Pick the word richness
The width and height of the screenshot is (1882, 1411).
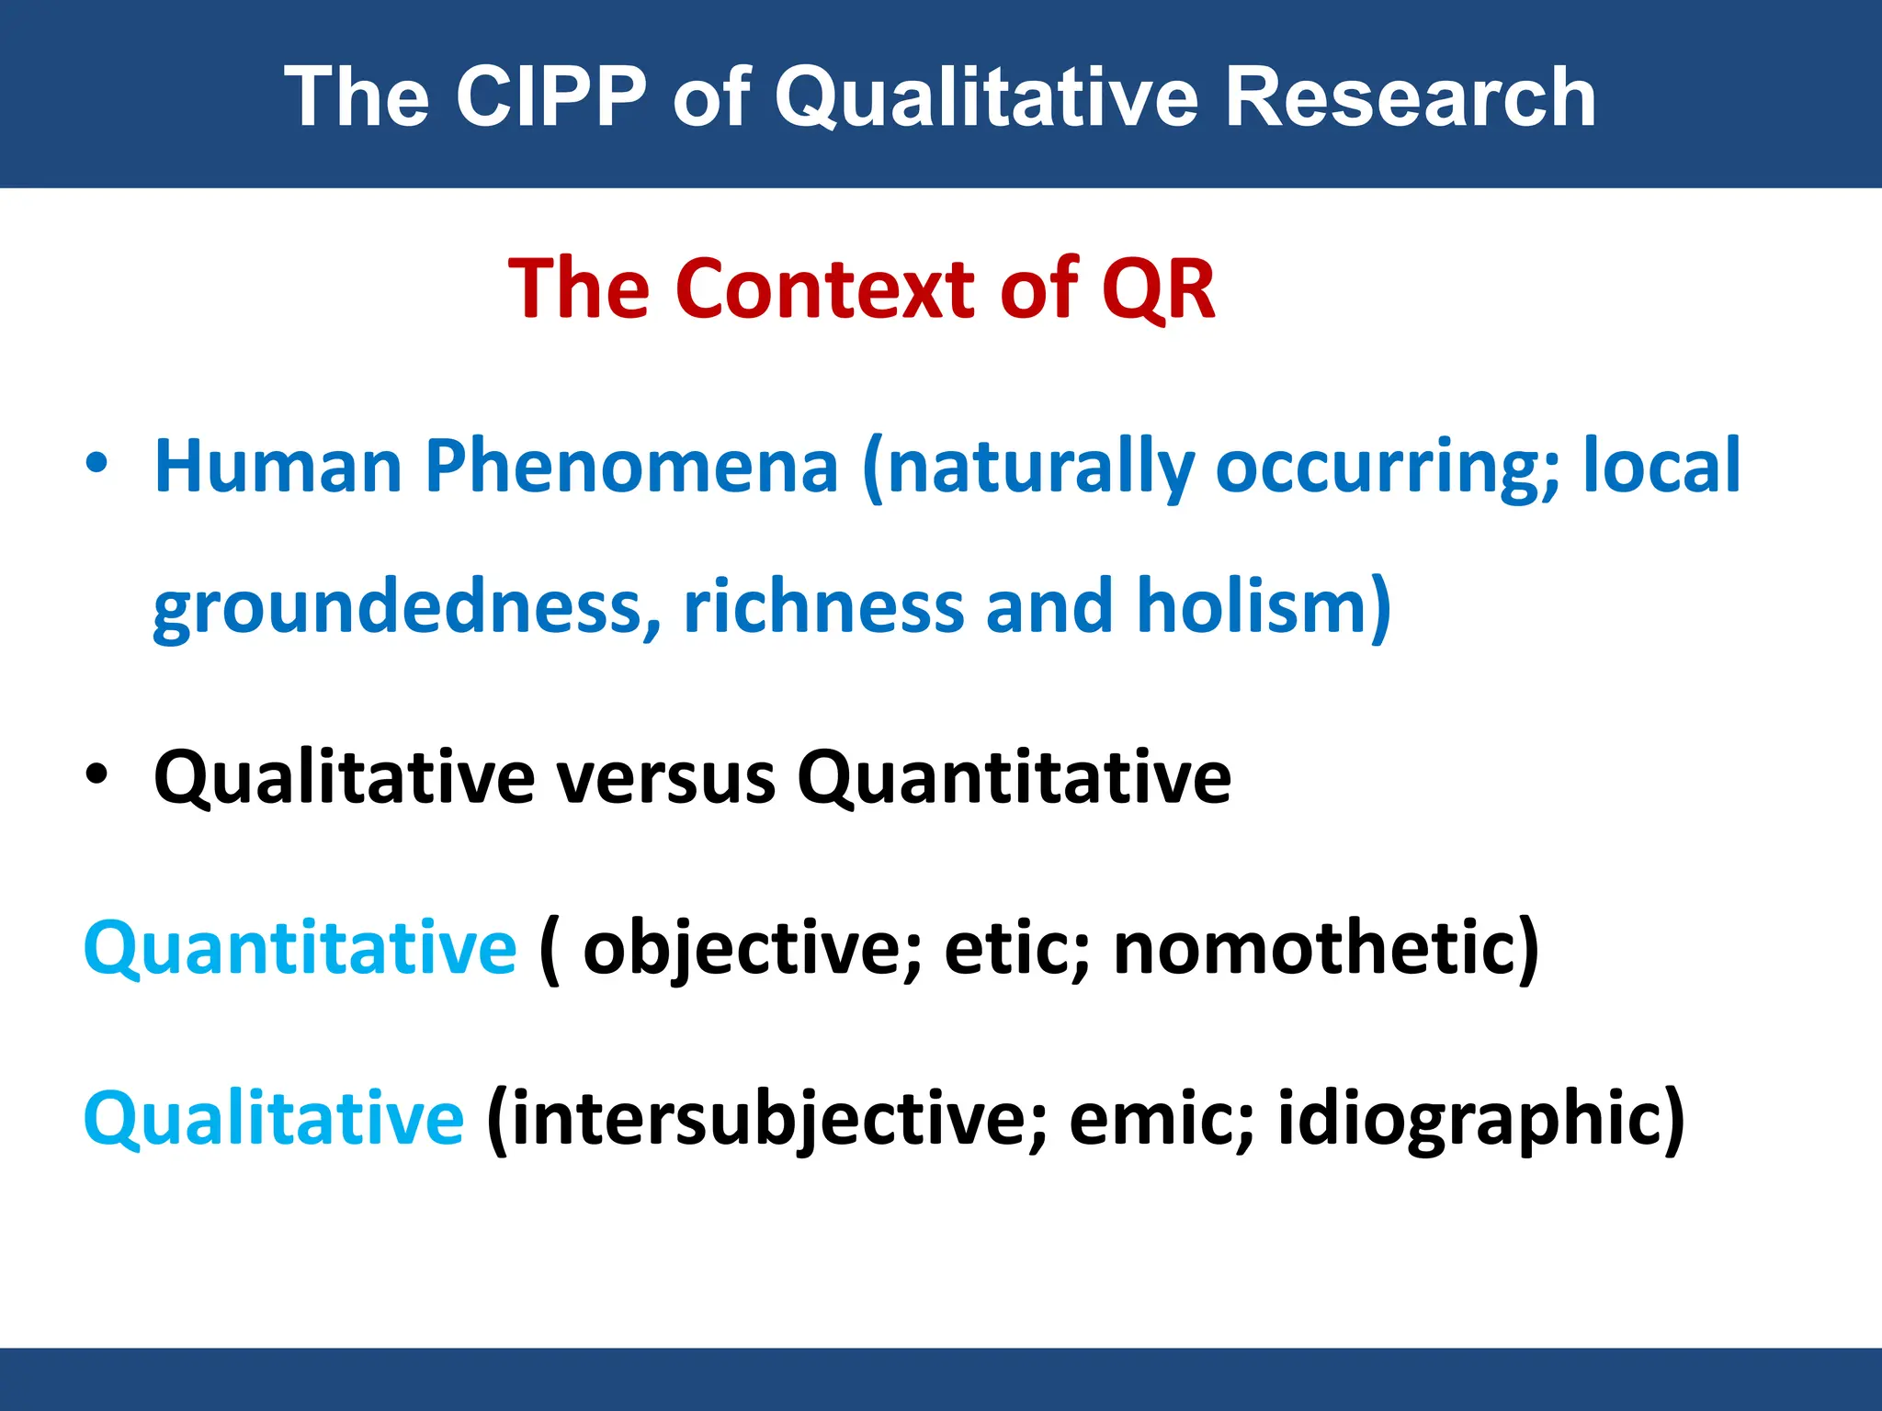click(822, 606)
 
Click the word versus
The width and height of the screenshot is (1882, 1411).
click(666, 777)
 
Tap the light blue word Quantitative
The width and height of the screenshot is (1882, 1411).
click(300, 947)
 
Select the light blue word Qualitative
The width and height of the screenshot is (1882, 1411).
click(274, 1117)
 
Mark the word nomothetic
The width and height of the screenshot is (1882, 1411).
click(1314, 949)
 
